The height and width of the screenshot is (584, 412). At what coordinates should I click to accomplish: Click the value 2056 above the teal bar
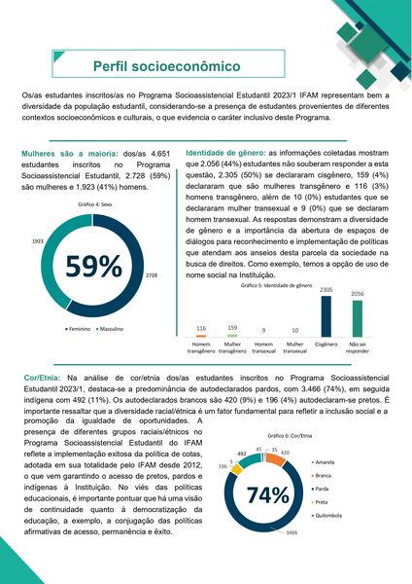(357, 294)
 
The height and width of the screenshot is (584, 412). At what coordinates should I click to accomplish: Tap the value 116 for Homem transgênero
(201, 328)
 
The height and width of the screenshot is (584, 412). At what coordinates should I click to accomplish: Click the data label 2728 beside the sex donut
(151, 276)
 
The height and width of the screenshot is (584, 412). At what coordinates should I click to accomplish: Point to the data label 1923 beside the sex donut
(38, 239)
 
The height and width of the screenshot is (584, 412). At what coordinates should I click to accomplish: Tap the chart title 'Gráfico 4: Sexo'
(93, 205)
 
